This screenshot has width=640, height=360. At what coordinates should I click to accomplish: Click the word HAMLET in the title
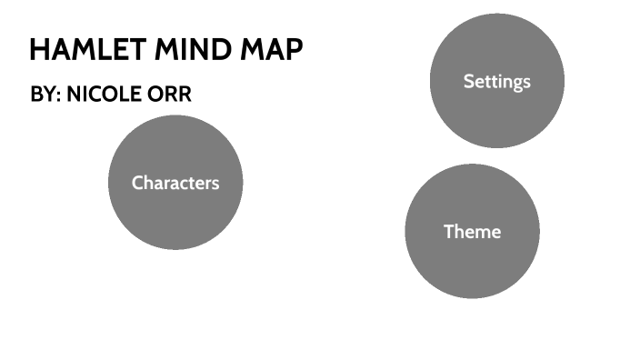coord(78,50)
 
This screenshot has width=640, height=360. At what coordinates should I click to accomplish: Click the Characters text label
coord(175,183)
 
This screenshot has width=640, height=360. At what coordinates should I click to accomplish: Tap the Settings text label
coord(496,81)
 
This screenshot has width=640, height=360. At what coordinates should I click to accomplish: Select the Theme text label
coord(472,232)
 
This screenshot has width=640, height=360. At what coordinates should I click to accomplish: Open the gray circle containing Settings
coord(496,114)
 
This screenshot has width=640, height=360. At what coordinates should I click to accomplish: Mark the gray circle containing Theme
coord(472,268)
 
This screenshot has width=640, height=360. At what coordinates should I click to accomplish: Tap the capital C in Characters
coord(137,183)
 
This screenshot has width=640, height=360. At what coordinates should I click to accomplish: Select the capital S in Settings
coord(468,81)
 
